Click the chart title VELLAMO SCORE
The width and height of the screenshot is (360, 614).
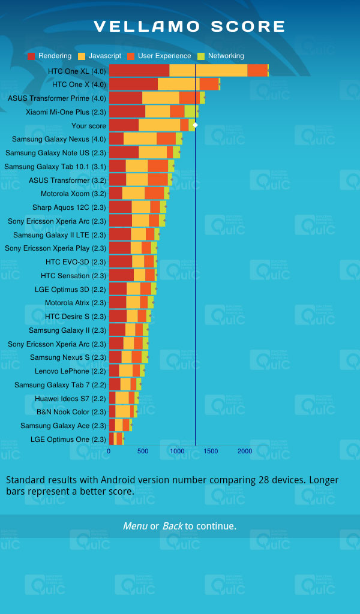click(190, 26)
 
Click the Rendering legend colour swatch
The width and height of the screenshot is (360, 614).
click(31, 56)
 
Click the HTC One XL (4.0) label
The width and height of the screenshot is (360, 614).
click(77, 71)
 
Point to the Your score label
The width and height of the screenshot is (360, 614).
click(89, 126)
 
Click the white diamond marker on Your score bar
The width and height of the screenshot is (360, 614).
click(195, 125)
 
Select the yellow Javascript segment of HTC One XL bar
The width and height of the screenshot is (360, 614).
click(208, 71)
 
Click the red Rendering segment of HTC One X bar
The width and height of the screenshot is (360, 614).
click(133, 85)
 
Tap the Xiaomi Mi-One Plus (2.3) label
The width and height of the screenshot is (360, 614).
click(66, 112)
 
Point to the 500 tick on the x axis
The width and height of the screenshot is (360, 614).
click(143, 451)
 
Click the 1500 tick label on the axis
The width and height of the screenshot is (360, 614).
click(211, 451)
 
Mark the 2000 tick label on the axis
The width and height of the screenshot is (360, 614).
click(245, 451)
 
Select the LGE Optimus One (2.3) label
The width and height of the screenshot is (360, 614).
click(68, 440)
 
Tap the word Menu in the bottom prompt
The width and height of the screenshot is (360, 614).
click(135, 526)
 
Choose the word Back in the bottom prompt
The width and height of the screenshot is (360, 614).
click(172, 526)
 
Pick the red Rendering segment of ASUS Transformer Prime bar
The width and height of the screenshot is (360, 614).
click(125, 98)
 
